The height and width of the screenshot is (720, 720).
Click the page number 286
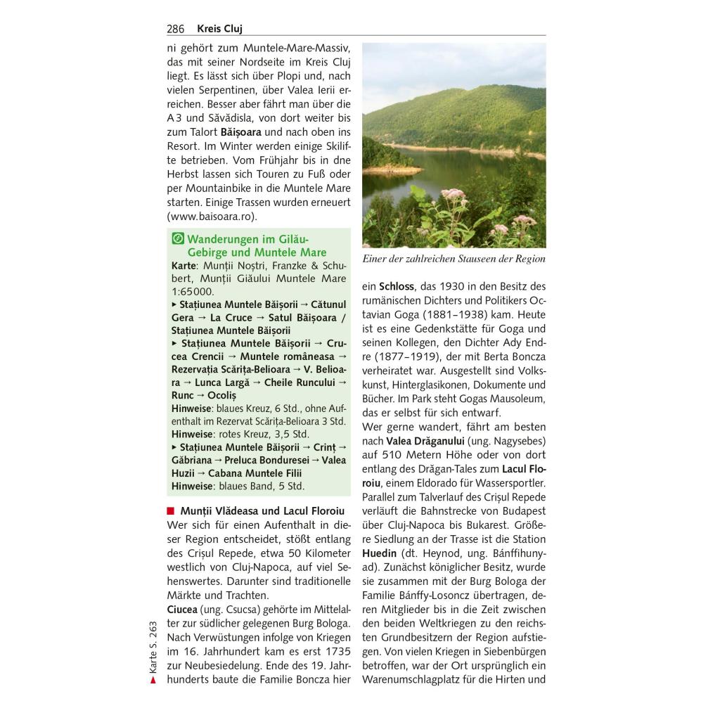click(x=176, y=29)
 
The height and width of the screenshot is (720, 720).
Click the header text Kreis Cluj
click(x=220, y=29)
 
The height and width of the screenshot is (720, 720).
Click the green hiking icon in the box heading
click(x=179, y=238)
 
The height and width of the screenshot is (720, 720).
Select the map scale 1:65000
click(x=193, y=291)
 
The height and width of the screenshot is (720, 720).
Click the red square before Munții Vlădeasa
click(x=171, y=511)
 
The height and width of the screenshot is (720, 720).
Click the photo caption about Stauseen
click(x=454, y=259)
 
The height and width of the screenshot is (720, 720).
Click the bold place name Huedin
click(x=380, y=553)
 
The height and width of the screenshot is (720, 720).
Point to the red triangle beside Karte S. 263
click(x=153, y=681)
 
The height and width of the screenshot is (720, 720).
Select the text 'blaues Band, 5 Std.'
click(x=261, y=486)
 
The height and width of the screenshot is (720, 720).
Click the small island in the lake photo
click(x=394, y=169)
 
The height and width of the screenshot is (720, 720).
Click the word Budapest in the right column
click(x=520, y=511)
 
